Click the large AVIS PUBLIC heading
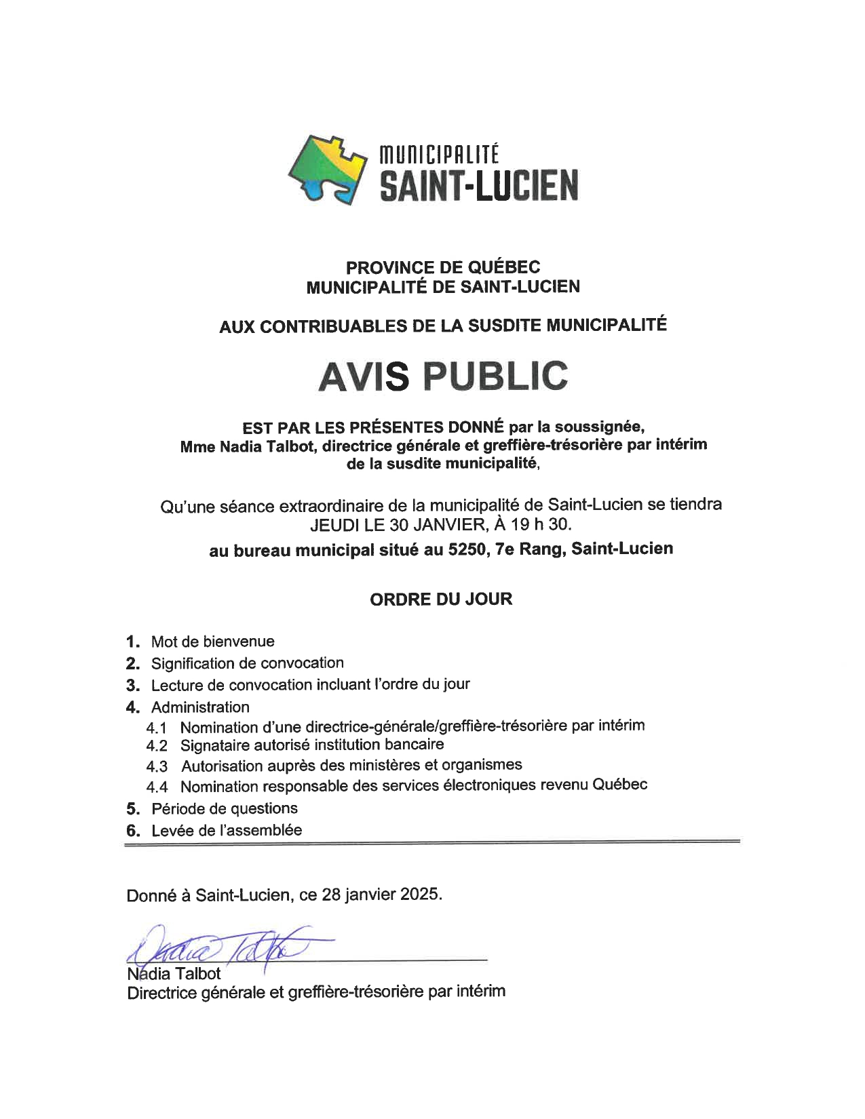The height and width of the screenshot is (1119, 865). click(x=442, y=376)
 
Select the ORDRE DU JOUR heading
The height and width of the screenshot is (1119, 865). click(x=441, y=600)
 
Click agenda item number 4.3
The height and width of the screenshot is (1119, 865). click(x=157, y=767)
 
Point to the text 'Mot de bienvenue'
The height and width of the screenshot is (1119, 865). click(x=212, y=642)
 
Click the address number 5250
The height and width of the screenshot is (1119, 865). click(x=467, y=550)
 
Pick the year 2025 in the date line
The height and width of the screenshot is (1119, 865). click(x=419, y=895)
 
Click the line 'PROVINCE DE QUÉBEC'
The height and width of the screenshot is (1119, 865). click(x=442, y=268)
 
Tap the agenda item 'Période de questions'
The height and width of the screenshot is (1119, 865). click(x=224, y=808)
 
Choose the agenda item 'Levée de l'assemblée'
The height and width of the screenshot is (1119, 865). click(x=227, y=830)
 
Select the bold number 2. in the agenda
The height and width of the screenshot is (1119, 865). click(x=133, y=663)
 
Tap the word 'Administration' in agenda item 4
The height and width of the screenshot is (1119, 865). click(x=200, y=707)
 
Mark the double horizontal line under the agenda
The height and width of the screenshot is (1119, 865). click(x=432, y=843)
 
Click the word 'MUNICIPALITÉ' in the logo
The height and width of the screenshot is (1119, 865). click(x=440, y=155)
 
